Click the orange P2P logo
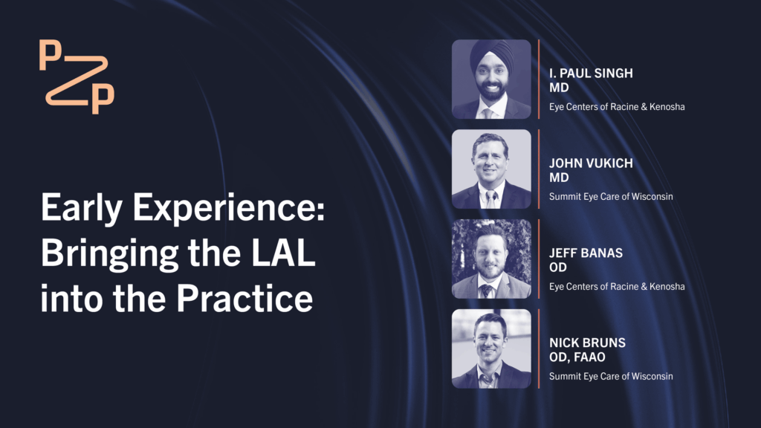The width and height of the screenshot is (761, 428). [x=77, y=77]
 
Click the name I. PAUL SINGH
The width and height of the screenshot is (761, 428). [x=591, y=74]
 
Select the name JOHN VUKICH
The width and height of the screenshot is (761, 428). [x=591, y=163]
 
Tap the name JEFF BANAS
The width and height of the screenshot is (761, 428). [x=586, y=253]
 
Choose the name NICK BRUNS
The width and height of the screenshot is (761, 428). [x=587, y=343]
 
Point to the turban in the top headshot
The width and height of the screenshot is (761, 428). [x=492, y=54]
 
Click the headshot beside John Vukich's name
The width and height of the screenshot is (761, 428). [x=491, y=169]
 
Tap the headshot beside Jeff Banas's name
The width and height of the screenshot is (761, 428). [x=491, y=259]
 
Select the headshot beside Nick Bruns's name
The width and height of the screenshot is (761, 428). [x=491, y=348]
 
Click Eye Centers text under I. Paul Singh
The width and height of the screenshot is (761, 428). [x=617, y=107]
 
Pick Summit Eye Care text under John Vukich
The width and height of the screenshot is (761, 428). [x=611, y=196]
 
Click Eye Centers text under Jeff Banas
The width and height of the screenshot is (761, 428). [x=617, y=286]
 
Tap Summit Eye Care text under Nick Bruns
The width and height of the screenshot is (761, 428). [x=611, y=376]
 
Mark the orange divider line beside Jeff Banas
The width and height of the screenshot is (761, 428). [x=539, y=259]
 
